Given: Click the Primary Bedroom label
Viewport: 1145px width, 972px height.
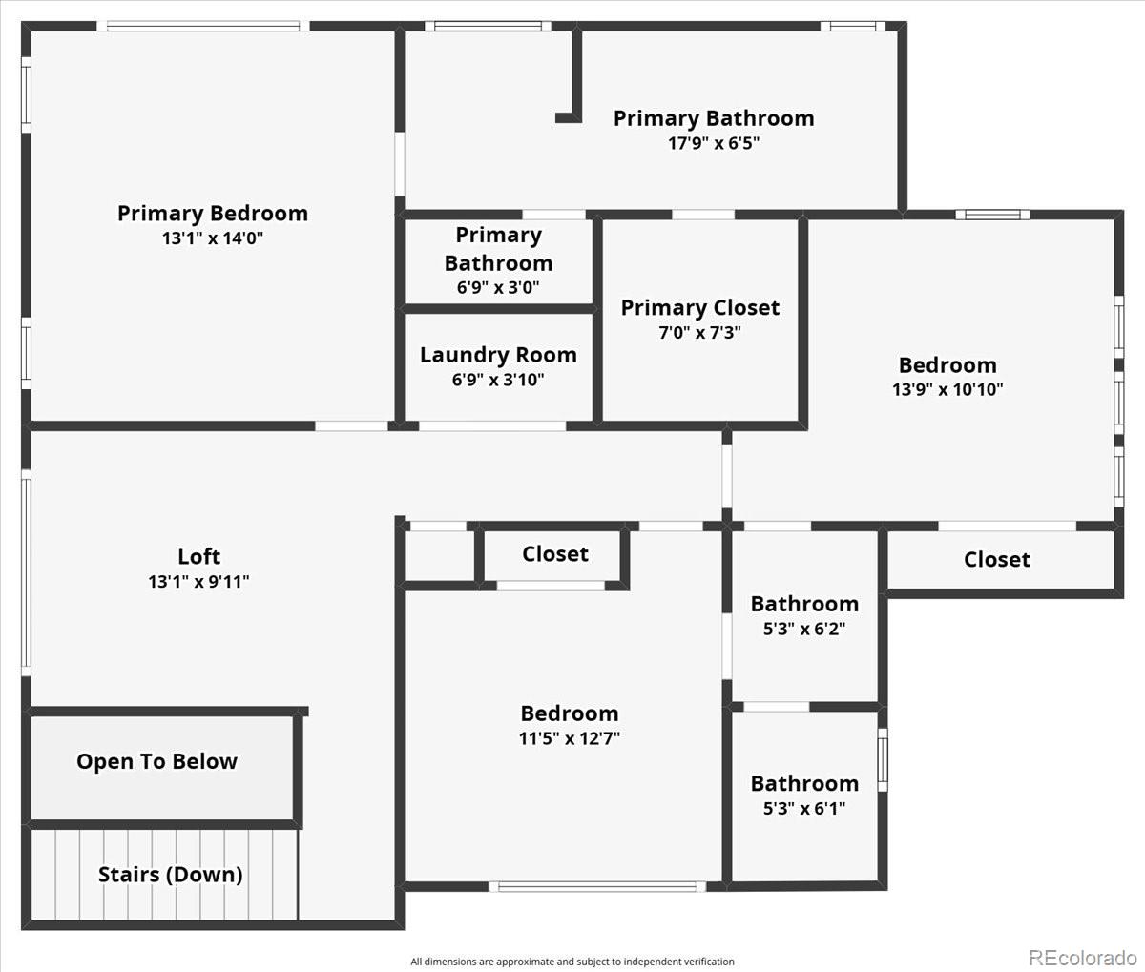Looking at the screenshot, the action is (213, 215).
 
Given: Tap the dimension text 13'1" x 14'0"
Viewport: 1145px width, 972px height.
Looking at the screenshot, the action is (213, 238).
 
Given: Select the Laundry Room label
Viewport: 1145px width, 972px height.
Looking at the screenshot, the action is (498, 356).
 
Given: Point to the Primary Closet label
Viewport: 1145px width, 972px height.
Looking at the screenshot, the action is (700, 308).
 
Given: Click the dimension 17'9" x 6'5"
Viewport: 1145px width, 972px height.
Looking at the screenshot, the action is (714, 143).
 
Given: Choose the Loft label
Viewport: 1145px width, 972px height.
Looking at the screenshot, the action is (198, 557).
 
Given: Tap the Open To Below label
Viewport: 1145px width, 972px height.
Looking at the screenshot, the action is (157, 762).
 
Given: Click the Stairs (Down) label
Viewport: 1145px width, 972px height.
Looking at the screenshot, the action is (171, 875).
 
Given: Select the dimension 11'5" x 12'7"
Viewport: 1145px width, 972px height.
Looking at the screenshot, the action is (570, 738).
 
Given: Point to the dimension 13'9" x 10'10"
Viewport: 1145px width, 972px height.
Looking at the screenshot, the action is (947, 389).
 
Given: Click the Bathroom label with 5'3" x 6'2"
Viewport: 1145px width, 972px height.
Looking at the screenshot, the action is (805, 604).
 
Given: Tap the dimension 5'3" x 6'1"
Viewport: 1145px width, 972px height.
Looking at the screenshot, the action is (805, 808).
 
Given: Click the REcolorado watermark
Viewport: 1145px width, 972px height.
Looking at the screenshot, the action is (1083, 957).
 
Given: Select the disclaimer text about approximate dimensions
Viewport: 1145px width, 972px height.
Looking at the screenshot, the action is (572, 962).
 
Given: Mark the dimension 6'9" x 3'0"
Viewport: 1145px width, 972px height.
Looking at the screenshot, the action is (498, 287).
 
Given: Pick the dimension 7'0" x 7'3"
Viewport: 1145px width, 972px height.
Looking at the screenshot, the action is (700, 332).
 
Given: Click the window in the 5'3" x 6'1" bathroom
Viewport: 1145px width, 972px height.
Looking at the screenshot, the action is (883, 760).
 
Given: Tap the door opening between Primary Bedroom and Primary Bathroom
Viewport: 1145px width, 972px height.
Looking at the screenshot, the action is (400, 164).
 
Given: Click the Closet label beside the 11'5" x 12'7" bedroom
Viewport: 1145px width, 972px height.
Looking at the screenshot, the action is (555, 554).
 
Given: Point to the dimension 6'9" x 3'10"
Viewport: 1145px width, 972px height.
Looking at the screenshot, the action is (498, 380).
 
